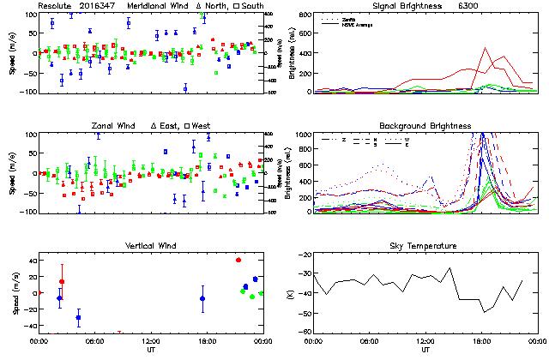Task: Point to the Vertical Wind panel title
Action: [x=150, y=246]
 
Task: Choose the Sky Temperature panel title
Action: [x=425, y=246]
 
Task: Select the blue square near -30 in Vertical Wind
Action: [x=78, y=317]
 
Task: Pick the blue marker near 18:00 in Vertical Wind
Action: [x=202, y=298]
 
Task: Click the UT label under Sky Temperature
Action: [x=425, y=350]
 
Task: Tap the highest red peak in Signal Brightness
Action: [x=486, y=48]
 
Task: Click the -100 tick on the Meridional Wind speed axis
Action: [x=24, y=92]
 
